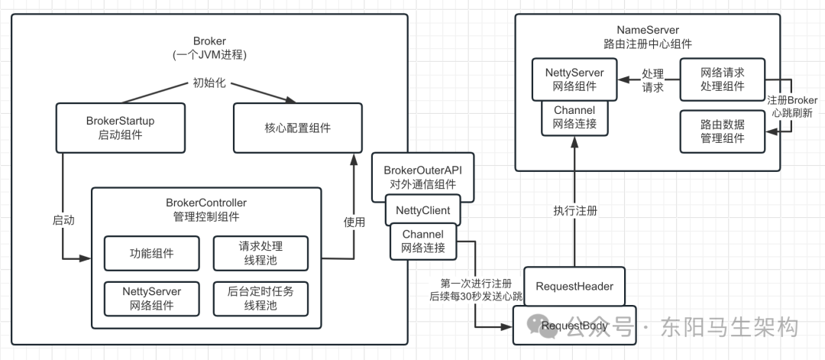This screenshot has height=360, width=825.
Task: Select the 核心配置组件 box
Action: (x=297, y=127)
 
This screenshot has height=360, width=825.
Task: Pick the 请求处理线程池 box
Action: (x=260, y=253)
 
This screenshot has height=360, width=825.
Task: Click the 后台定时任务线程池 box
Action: (x=260, y=297)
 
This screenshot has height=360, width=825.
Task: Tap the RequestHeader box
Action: (x=574, y=287)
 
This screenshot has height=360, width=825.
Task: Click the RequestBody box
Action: (x=574, y=326)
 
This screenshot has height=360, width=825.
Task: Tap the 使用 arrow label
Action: (x=354, y=222)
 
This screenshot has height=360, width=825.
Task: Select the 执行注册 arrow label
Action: (x=574, y=209)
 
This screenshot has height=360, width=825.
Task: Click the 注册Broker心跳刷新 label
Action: (x=791, y=107)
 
